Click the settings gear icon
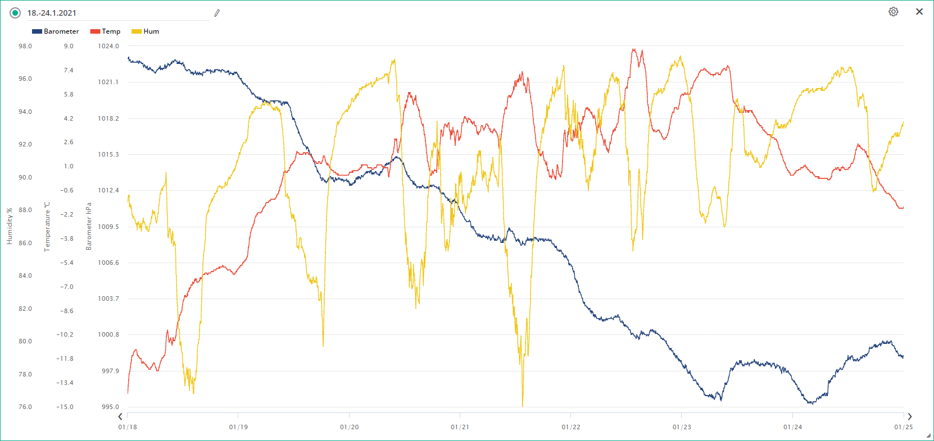click(x=893, y=12)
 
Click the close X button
click(x=919, y=12)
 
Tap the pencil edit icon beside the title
click(x=217, y=13)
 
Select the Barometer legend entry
click(x=56, y=31)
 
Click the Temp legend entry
click(x=105, y=31)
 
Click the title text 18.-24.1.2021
click(x=52, y=13)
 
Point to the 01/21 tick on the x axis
click(x=460, y=427)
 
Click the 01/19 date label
click(x=238, y=427)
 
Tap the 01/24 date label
click(x=792, y=427)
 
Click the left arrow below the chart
click(x=120, y=416)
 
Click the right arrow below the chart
click(x=910, y=416)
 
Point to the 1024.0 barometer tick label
click(x=108, y=46)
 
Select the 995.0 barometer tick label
click(x=110, y=407)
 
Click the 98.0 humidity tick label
click(x=25, y=46)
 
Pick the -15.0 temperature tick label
click(x=65, y=407)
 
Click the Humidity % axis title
click(x=10, y=226)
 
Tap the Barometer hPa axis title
click(x=89, y=226)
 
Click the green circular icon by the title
click(x=15, y=13)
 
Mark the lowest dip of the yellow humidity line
click(x=523, y=405)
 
